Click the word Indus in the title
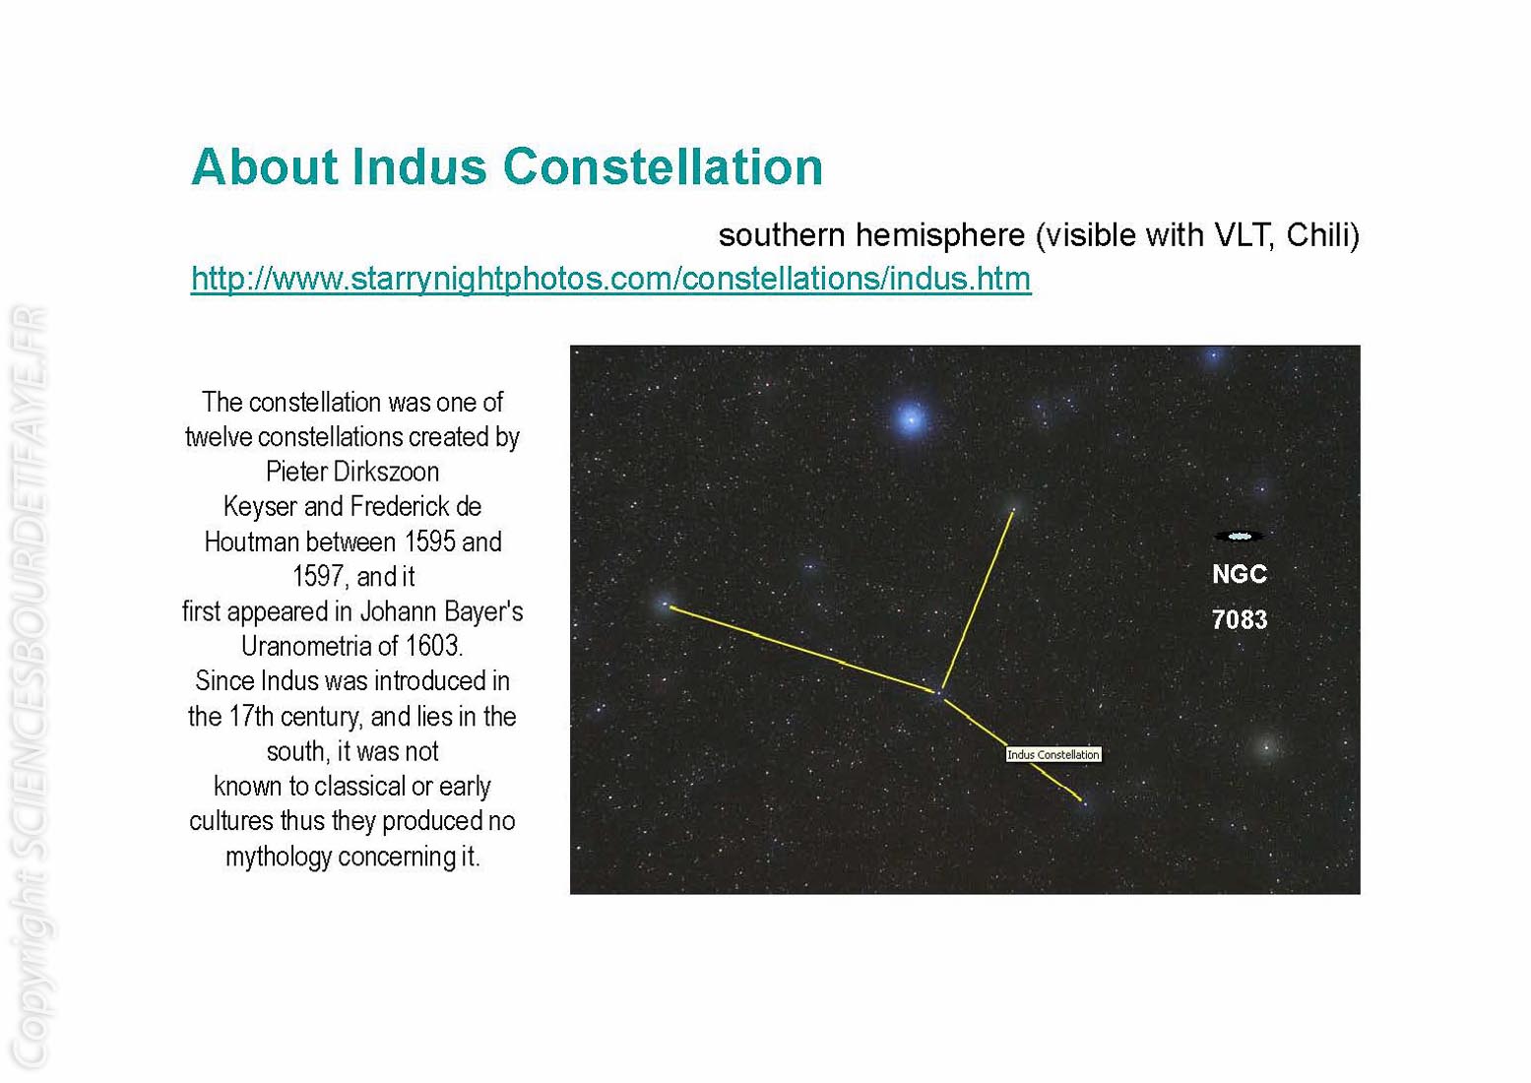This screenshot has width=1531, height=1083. point(419,166)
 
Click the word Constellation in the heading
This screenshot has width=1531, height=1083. point(663,166)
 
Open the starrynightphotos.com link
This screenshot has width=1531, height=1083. point(610,279)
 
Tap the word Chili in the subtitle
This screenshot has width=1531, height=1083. point(1317,235)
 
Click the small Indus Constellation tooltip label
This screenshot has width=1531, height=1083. point(1053,754)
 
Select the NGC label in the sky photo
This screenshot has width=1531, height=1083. point(1240,574)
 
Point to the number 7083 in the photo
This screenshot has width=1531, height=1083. point(1240,619)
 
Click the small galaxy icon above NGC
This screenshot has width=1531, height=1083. point(1239,537)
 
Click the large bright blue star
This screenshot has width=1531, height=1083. point(910,417)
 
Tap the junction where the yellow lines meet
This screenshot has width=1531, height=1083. point(940,693)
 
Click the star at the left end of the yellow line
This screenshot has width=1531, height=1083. point(665,605)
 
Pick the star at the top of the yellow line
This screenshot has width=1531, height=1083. point(1015,508)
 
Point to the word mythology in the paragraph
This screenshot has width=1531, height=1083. point(279,857)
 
